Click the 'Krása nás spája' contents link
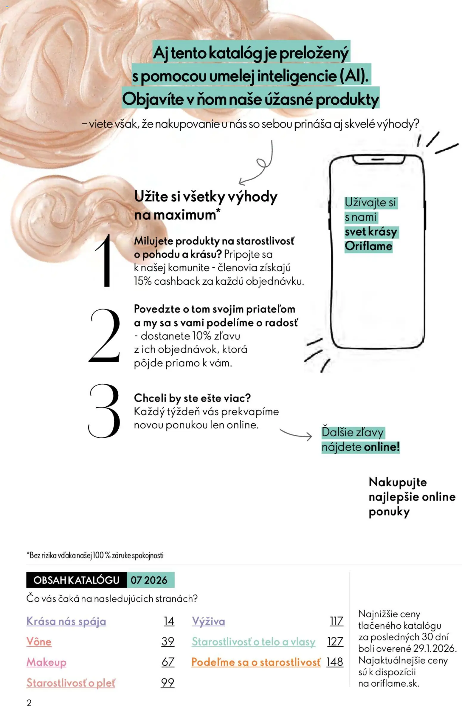coord(66,621)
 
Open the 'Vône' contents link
coord(39,642)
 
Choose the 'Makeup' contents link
coord(46,662)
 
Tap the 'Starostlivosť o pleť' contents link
coord(71,682)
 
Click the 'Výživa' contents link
coord(208,621)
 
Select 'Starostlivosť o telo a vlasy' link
coord(253,642)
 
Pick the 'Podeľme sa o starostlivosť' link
coord(256,662)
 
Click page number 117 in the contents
coord(337,621)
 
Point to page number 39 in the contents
coord(168,642)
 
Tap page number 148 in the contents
coord(335,662)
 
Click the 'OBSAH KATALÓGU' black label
coord(76,580)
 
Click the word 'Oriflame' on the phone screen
coord(368,246)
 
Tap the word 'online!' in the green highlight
coord(382,447)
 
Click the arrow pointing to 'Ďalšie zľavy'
coord(296,434)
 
